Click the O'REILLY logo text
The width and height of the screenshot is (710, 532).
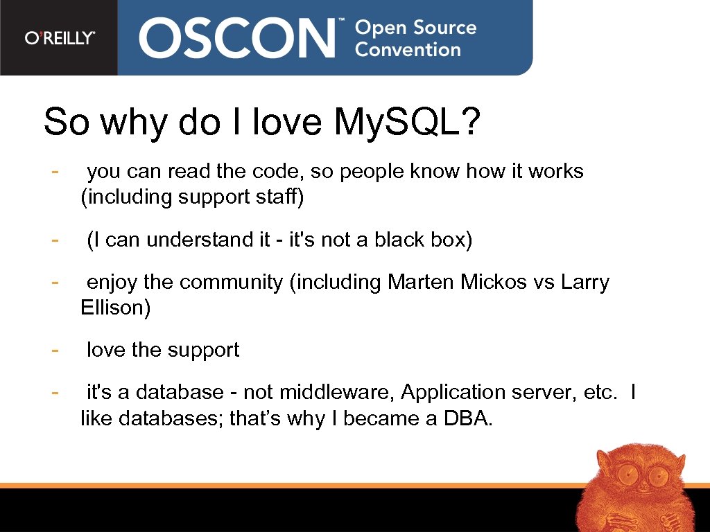[x=60, y=38]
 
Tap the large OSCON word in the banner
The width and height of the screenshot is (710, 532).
[x=236, y=37]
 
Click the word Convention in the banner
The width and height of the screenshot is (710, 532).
[x=408, y=50]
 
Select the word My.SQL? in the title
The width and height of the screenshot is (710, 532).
[x=407, y=123]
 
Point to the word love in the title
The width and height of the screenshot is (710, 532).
[x=287, y=123]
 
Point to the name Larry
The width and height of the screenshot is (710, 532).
[x=585, y=282]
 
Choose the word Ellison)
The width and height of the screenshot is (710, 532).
[x=115, y=308]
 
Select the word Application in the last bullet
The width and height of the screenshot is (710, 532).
[x=453, y=393]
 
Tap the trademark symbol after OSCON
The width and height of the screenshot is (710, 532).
[x=341, y=23]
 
